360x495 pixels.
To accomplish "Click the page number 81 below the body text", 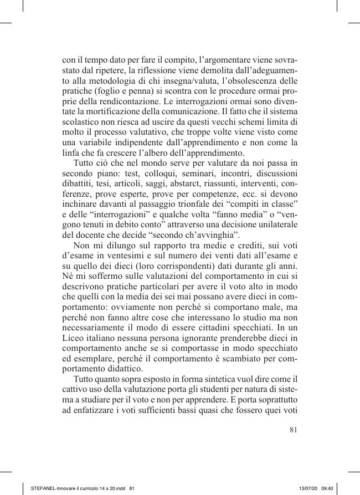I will (294, 428).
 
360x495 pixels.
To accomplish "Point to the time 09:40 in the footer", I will (327, 488).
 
